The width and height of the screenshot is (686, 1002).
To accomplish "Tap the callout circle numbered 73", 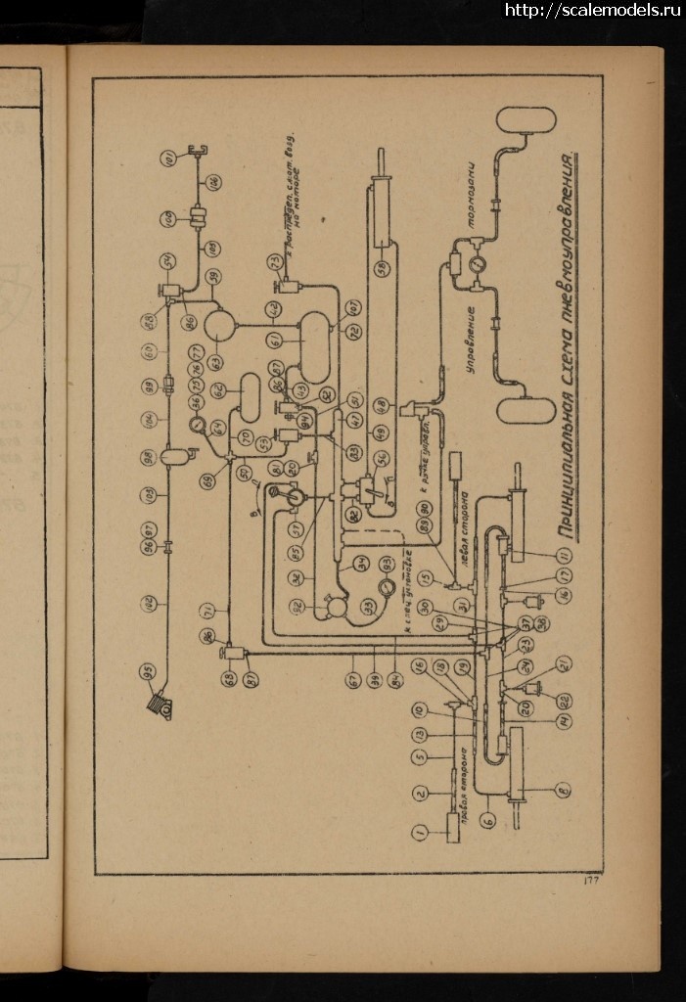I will pyautogui.click(x=276, y=261).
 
